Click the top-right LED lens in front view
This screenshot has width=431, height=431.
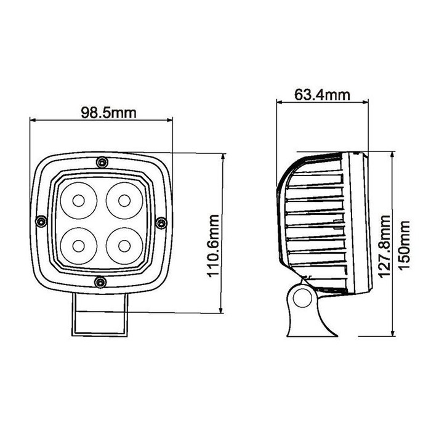(124, 200)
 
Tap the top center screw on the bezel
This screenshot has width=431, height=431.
(101, 163)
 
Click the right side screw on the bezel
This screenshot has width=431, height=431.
(161, 222)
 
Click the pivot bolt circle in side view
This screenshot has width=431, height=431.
(302, 298)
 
